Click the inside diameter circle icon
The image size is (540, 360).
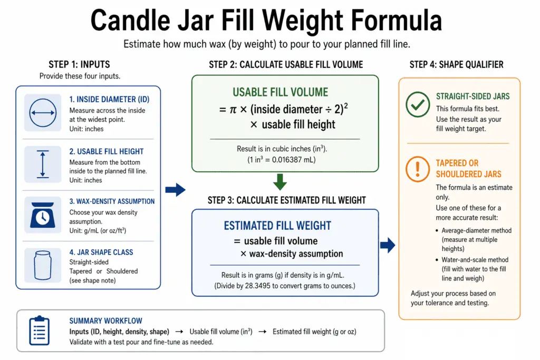[43, 112]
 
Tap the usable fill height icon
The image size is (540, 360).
[43, 163]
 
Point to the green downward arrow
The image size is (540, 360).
[281, 182]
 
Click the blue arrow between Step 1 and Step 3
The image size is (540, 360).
[175, 190]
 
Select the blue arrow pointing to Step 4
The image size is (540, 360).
[388, 244]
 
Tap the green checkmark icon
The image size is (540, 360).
[418, 105]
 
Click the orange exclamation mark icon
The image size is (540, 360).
[418, 169]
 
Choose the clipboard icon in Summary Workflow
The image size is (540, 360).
[40, 330]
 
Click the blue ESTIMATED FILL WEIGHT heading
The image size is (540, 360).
[277, 226]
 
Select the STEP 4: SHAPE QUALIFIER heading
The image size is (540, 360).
[456, 65]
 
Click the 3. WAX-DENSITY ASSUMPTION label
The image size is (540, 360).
[112, 201]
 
